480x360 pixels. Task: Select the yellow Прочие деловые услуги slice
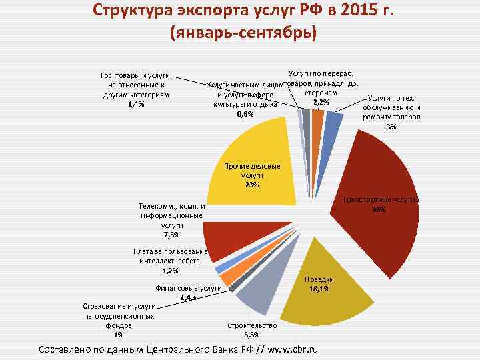tap(260, 153)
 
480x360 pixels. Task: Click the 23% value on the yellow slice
tap(253, 185)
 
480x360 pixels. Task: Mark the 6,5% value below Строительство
tap(252, 335)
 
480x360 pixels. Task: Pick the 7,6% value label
tap(171, 235)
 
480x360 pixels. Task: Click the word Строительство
tap(252, 325)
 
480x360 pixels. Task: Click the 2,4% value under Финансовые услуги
tap(187, 297)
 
